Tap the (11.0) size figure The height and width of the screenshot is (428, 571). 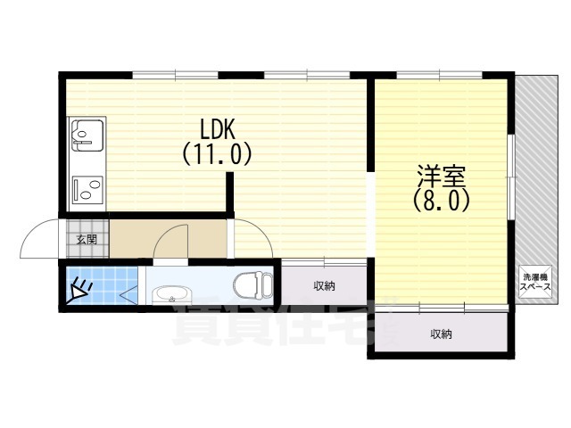pos(217,154)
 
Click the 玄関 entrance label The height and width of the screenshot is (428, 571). pos(86,240)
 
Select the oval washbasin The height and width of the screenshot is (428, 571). pos(173,295)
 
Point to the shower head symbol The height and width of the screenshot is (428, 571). pos(80,288)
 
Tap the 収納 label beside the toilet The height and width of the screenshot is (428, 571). pos(324,285)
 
